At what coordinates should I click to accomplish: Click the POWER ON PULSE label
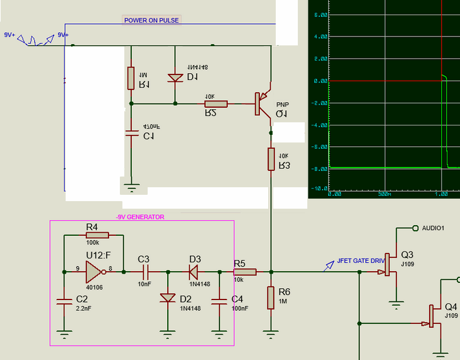coord(151,20)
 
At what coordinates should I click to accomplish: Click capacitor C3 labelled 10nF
coord(144,272)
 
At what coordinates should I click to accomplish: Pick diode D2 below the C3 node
coord(167,298)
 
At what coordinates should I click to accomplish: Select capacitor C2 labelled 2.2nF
coord(64,301)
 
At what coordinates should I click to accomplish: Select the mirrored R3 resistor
coord(271,159)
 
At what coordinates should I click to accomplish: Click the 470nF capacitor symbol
coord(131,133)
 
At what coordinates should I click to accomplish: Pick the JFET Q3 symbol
coord(390,272)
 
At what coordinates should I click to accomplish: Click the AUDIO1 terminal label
coord(433,228)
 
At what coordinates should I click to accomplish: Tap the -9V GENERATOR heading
coord(140,217)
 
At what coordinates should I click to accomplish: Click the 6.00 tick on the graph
coord(321,15)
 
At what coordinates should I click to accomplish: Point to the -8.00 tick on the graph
coord(320,168)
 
